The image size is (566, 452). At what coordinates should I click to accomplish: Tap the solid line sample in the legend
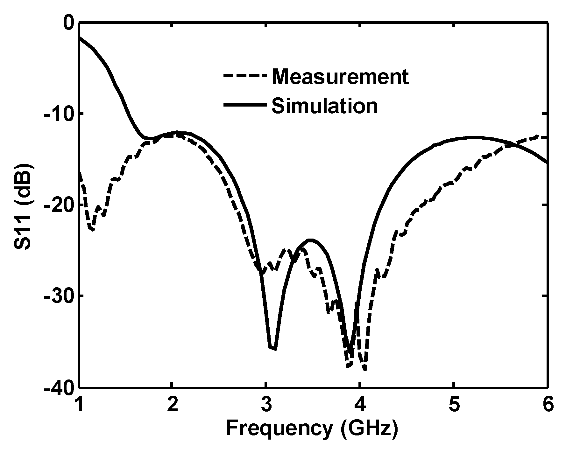(x=244, y=105)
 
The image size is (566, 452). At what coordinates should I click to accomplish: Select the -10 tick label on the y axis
(x=59, y=114)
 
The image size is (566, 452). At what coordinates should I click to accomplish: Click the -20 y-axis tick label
(x=59, y=205)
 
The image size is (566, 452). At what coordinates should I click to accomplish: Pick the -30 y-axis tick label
(x=59, y=296)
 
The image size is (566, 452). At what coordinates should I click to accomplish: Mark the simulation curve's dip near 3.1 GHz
(x=273, y=349)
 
